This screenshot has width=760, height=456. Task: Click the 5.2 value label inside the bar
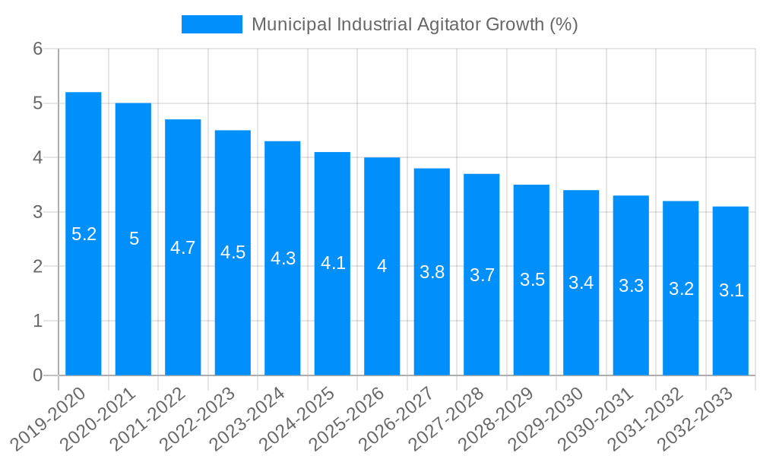point(84,234)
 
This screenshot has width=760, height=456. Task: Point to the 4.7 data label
point(183,248)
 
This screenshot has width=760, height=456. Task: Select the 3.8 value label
point(432,272)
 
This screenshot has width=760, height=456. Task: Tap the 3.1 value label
point(731,290)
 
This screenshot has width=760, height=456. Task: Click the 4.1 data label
point(333,263)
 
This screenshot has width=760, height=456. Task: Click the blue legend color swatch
point(211,24)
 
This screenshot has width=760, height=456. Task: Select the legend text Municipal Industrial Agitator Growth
point(414,24)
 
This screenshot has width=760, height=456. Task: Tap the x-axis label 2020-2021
point(98,419)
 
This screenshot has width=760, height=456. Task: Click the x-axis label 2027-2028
point(447,419)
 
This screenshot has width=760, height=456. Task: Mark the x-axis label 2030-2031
point(596,419)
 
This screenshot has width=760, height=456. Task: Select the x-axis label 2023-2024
point(248,419)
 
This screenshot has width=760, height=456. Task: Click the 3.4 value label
point(581,283)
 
